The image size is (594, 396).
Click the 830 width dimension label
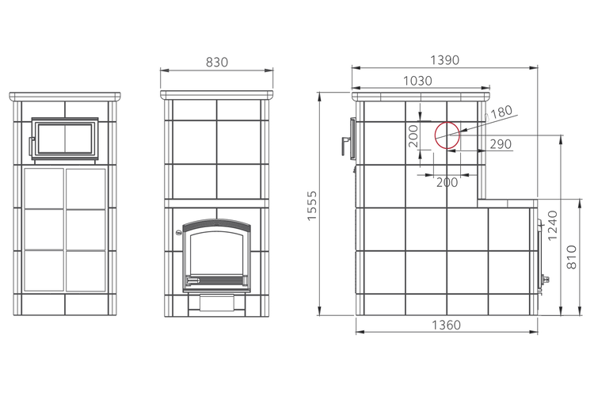point(217,62)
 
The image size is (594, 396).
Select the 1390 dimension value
point(445,60)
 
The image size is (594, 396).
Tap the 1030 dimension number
point(417,81)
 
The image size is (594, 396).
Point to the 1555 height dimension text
point(311,206)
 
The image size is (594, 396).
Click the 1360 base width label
point(446,325)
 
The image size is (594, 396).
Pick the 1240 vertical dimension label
point(553,225)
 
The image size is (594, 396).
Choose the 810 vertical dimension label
point(572,257)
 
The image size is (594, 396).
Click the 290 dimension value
point(501,144)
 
